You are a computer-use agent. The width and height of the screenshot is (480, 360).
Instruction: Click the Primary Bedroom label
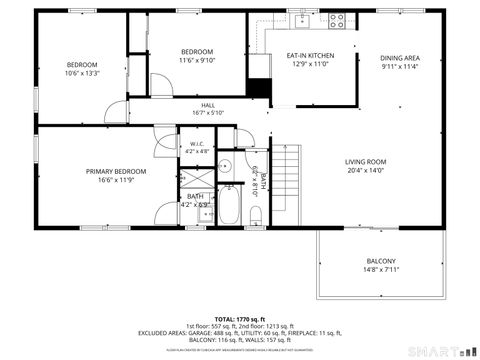coord(116,171)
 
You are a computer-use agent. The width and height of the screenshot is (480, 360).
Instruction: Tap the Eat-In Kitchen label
coord(310,55)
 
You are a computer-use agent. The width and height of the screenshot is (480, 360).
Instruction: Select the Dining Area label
coord(399,58)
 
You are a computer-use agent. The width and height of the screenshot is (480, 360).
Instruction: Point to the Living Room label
coord(366,161)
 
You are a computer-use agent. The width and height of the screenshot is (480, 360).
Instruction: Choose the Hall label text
coord(208,105)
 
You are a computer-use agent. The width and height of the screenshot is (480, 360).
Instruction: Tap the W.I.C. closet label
coord(197,144)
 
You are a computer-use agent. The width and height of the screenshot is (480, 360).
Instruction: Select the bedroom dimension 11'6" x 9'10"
coord(197,61)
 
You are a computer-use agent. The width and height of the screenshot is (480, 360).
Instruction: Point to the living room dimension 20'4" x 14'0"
coord(366,171)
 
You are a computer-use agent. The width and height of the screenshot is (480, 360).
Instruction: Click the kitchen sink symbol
coord(302,18)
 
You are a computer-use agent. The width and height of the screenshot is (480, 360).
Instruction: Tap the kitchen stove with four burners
coord(337,18)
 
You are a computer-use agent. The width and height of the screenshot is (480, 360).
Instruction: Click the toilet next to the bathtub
coord(256,214)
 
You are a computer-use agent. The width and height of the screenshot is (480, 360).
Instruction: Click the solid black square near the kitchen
coord(259,88)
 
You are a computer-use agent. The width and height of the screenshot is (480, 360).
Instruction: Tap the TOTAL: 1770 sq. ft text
coord(240,317)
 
